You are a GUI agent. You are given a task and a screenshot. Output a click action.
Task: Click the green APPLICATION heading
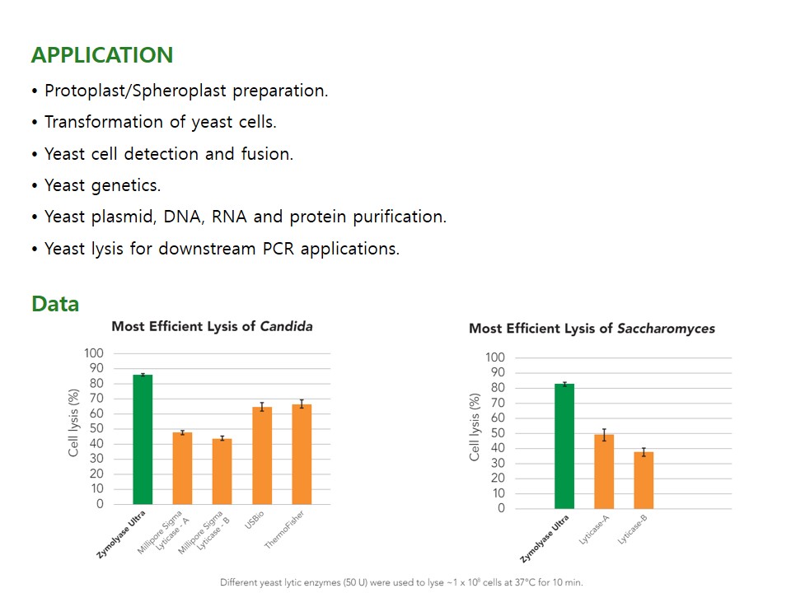(x=102, y=55)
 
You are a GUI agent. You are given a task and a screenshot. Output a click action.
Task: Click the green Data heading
(x=55, y=304)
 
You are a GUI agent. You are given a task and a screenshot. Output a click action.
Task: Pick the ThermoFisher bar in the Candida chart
(x=302, y=454)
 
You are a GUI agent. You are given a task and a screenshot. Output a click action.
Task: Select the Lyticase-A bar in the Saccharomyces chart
(x=604, y=471)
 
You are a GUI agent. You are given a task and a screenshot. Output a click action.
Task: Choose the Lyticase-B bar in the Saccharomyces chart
(x=644, y=480)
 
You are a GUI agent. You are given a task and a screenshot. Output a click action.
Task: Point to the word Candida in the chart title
(x=286, y=326)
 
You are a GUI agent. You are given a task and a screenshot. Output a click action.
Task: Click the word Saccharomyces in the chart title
(x=667, y=329)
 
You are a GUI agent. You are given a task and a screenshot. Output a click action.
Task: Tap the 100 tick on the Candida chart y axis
(x=94, y=353)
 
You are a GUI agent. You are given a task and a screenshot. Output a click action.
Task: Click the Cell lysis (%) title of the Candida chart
(x=73, y=423)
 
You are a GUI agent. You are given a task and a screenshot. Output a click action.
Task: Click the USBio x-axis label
(x=253, y=524)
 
